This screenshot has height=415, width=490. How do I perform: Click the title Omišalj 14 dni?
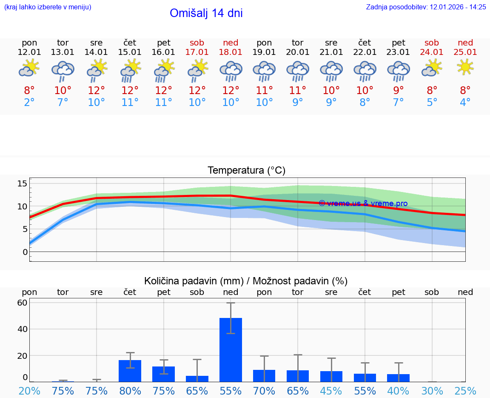pyautogui.click(x=206, y=13)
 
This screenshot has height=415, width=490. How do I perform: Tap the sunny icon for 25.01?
pyautogui.click(x=465, y=67)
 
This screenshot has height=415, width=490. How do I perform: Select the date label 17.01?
pyautogui.click(x=197, y=52)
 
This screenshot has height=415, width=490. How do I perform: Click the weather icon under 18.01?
pyautogui.click(x=231, y=71)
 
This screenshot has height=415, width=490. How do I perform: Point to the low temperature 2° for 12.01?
pyautogui.click(x=29, y=103)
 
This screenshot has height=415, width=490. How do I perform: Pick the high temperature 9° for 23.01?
pyautogui.click(x=398, y=90)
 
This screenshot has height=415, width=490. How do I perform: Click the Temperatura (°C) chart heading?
pyautogui.click(x=246, y=171)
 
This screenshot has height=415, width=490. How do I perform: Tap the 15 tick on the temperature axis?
pyautogui.click(x=22, y=183)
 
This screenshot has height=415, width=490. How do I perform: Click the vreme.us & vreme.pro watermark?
pyautogui.click(x=363, y=203)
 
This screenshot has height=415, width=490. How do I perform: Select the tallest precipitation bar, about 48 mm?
pyautogui.click(x=231, y=349)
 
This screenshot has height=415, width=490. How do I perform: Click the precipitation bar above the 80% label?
pyautogui.click(x=130, y=371)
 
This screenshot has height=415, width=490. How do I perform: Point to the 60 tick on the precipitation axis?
pyautogui.click(x=22, y=303)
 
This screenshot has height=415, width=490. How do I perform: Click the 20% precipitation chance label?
pyautogui.click(x=29, y=391)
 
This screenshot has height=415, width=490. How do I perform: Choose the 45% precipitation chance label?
pyautogui.click(x=331, y=391)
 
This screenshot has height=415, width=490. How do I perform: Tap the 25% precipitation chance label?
pyautogui.click(x=465, y=391)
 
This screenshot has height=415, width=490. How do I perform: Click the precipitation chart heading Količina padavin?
pyautogui.click(x=246, y=281)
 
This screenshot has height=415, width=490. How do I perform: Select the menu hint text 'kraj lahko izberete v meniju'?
pyautogui.click(x=48, y=7)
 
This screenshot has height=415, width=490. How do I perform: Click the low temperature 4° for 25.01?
pyautogui.click(x=465, y=103)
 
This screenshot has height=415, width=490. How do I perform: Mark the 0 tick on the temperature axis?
pyautogui.click(x=25, y=252)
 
